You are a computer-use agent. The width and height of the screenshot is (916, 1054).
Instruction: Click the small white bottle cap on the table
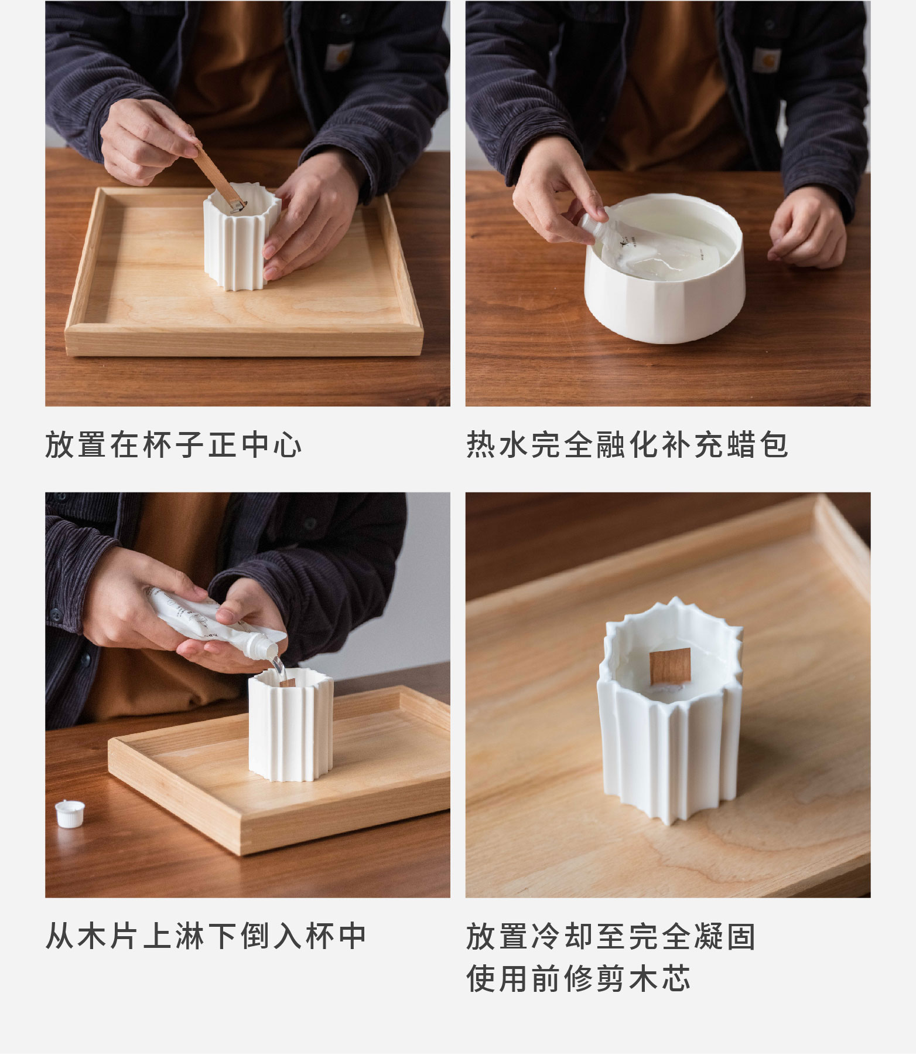pyautogui.click(x=68, y=814)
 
